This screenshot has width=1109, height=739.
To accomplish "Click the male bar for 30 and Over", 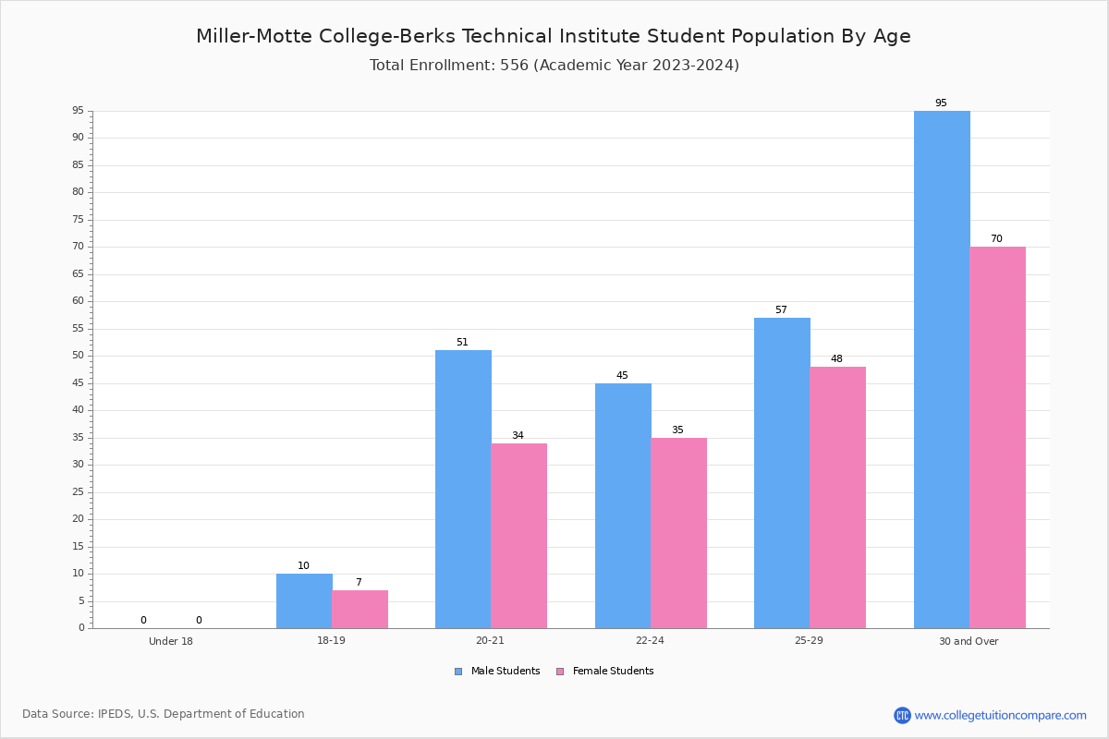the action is [942, 369].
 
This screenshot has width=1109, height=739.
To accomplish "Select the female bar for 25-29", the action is [837, 498].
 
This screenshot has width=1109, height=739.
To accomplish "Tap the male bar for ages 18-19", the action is [304, 601].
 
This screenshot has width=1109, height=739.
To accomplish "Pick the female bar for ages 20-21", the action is [518, 536].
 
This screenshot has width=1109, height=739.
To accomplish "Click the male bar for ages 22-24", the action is [623, 506].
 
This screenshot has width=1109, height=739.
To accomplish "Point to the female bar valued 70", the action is [997, 438].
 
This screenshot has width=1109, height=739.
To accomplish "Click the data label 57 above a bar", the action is [781, 309].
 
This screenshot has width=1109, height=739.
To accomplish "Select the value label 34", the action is [518, 435].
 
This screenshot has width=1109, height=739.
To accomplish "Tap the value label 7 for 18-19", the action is [359, 582].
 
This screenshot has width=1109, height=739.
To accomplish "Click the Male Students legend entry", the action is [497, 672].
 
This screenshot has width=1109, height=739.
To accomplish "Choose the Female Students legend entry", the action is [605, 672].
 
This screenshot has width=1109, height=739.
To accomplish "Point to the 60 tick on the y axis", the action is [79, 301].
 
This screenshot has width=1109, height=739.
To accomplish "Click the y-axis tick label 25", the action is [79, 491].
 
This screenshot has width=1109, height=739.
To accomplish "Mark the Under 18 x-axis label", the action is [171, 641].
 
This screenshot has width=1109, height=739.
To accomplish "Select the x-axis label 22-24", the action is [650, 640].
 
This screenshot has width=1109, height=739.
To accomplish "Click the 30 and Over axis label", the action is [969, 641].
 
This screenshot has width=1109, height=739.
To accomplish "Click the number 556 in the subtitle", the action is [515, 66].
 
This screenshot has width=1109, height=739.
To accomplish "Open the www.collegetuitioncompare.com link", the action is [1001, 715].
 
